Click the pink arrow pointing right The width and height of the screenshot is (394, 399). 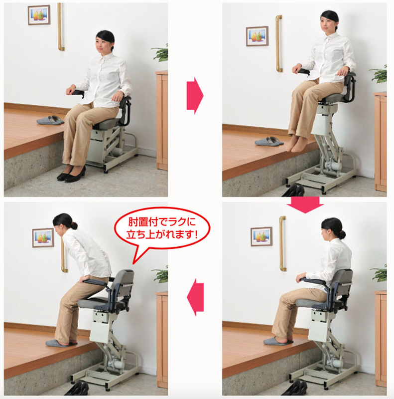195,95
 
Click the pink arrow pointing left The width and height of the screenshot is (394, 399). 195,297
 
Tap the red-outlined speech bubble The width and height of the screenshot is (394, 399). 162,230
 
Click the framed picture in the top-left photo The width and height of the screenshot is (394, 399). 39,15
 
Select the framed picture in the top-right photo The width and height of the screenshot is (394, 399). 257,36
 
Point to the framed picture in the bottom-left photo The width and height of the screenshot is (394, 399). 43,238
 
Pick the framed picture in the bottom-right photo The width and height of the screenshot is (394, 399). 262,236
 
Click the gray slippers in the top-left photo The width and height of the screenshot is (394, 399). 50,120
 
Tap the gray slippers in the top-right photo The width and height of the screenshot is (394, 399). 269,141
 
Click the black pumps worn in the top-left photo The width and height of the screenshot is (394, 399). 71,174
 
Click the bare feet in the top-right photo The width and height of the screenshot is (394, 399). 297,144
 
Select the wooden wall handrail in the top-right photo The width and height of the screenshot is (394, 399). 279,43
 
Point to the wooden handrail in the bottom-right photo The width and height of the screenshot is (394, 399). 282,243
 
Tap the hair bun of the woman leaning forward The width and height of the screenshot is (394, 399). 74,226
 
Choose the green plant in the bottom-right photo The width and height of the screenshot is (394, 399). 379,273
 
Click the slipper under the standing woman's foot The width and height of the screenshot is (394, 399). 61,343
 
